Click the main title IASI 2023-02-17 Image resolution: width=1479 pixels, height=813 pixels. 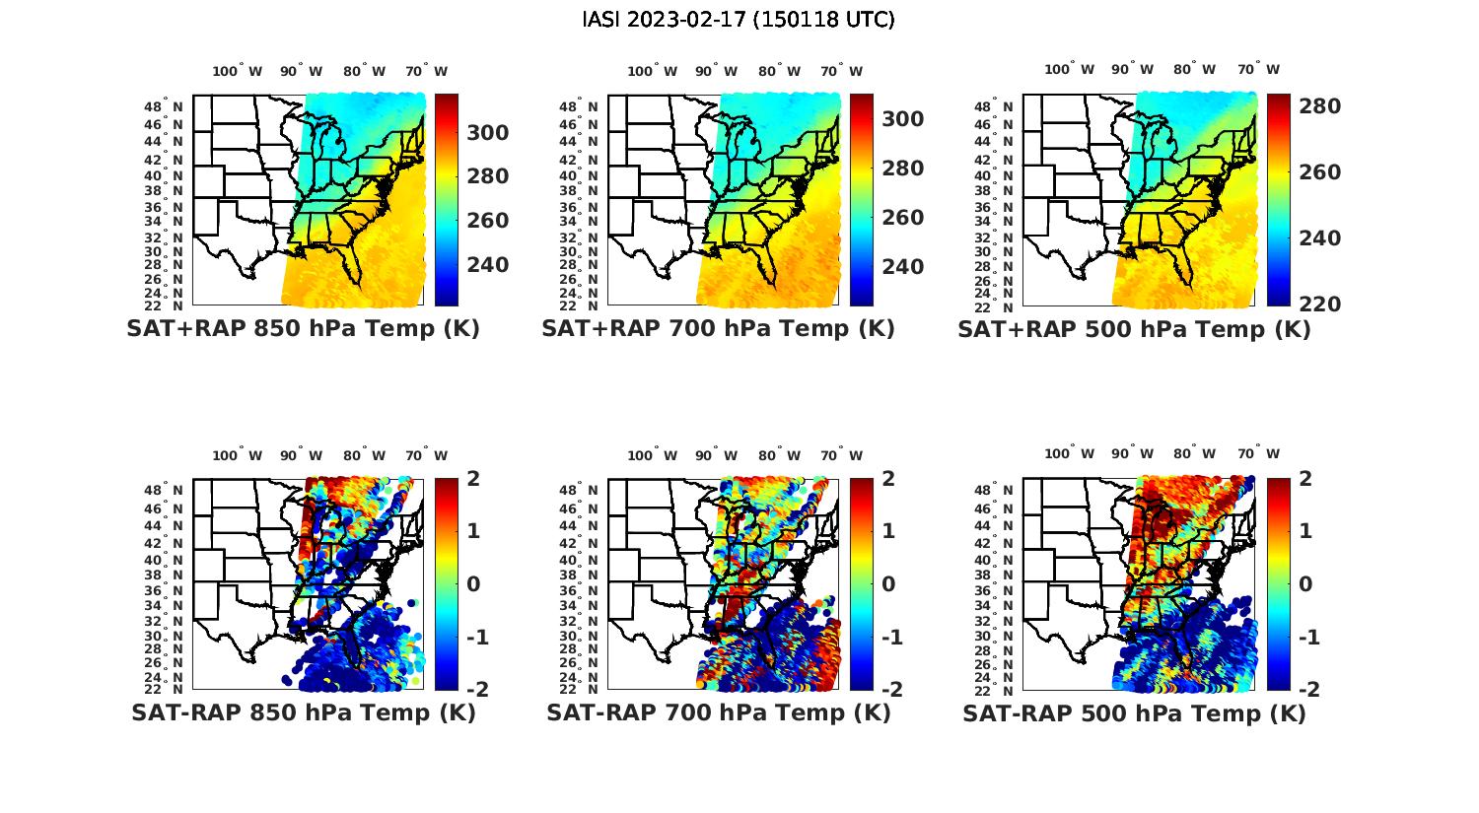click(739, 20)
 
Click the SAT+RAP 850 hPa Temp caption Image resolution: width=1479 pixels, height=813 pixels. click(303, 329)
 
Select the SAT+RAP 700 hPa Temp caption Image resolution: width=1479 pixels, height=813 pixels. click(718, 329)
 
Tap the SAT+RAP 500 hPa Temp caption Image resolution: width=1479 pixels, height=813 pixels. click(1134, 330)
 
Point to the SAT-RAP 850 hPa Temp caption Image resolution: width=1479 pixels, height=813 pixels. click(303, 712)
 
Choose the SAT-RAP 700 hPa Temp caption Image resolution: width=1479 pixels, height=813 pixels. click(718, 712)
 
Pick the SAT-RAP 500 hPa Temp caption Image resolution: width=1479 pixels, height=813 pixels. click(1134, 713)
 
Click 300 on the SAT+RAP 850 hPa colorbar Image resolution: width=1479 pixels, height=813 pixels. click(488, 133)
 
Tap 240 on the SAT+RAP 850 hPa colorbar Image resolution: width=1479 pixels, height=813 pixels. click(488, 265)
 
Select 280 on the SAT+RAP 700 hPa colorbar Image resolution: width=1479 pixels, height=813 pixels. click(903, 169)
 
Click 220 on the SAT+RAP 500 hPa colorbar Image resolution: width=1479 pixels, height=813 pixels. click(1319, 305)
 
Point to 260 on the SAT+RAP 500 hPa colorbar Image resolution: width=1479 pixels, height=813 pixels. click(1319, 172)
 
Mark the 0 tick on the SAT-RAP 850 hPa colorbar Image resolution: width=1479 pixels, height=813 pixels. click(472, 584)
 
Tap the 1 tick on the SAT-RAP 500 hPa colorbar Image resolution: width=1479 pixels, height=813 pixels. click(1306, 531)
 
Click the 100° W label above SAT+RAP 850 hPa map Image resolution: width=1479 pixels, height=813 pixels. click(238, 71)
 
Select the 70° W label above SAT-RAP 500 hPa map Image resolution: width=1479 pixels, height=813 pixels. click(1258, 454)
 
